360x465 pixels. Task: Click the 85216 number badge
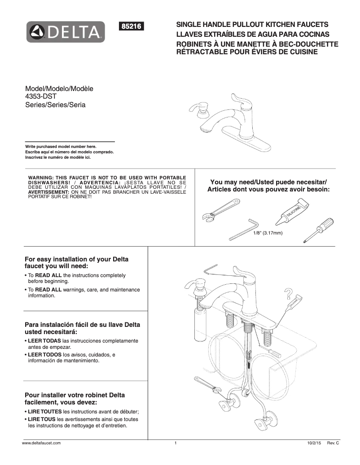131,26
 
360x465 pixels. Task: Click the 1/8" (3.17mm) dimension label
268,233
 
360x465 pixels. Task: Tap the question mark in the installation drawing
288,294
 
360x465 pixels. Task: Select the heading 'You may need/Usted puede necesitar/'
268,182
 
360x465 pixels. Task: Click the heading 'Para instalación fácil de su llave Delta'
82,325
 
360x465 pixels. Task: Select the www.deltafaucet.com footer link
41,443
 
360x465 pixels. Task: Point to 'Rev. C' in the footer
333,443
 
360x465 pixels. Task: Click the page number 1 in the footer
176,443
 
